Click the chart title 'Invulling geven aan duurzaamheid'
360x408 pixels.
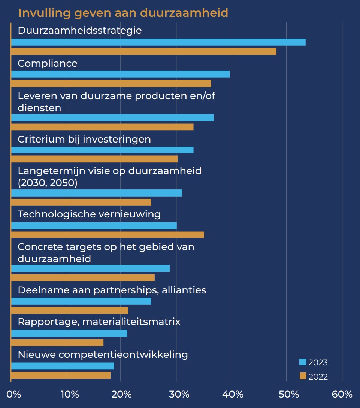pos(123,13)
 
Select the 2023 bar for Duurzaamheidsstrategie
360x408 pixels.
pos(158,42)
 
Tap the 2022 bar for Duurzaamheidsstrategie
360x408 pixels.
pos(144,52)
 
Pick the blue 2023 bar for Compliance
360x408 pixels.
pos(120,74)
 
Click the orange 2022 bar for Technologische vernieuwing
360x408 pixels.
pos(108,235)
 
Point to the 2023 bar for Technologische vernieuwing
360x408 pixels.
pos(94,226)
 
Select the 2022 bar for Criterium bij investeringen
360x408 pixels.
pos(94,159)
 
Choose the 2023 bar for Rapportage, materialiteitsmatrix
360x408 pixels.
pos(69,333)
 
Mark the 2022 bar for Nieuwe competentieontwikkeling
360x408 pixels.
pos(61,375)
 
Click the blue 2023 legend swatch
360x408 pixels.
pos(303,362)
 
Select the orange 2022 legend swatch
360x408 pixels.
pos(303,376)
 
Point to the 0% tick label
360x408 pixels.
pos(14,394)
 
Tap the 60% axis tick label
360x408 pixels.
pos(342,394)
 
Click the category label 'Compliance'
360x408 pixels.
pos(48,63)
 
